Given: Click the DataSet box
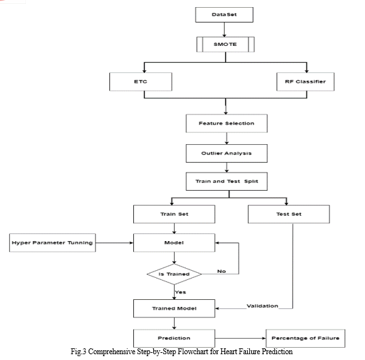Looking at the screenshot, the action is (224, 15).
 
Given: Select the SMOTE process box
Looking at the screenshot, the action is (225, 44).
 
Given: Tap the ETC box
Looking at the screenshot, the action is (140, 81).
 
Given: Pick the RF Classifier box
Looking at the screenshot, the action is (305, 81).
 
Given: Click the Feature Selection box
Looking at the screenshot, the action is (227, 123).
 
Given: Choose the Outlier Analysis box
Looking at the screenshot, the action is (227, 153).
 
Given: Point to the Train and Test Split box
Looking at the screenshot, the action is (227, 181).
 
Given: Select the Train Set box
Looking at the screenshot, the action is (174, 214).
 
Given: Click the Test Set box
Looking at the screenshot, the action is (289, 214).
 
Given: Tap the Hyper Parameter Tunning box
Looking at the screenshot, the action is (52, 242).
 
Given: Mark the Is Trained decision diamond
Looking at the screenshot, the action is (174, 274).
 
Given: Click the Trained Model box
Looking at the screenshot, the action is (174, 308).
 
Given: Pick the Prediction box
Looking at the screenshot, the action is (174, 338).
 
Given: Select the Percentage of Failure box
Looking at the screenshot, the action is (305, 338).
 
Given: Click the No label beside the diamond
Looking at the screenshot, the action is (221, 271).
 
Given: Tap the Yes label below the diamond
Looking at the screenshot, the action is (181, 292).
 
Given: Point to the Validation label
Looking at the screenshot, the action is (262, 306).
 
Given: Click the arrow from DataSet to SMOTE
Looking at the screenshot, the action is (224, 30).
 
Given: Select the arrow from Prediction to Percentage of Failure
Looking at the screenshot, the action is (241, 338).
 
